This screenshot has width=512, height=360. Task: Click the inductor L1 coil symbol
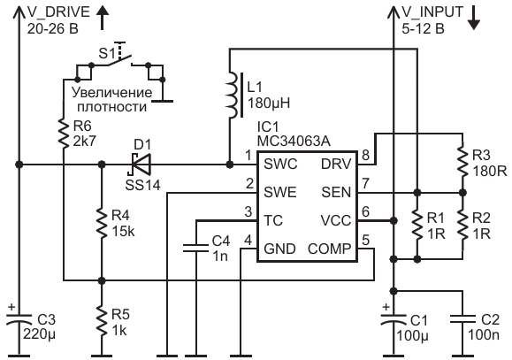[232, 95]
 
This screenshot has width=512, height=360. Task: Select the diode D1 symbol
[141, 164]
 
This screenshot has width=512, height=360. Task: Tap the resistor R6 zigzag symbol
[64, 134]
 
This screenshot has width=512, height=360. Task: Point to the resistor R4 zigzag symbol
[102, 224]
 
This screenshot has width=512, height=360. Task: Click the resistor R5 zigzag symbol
[102, 322]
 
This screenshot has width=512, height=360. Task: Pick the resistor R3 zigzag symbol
[462, 162]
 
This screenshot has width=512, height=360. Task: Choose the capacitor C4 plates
[195, 248]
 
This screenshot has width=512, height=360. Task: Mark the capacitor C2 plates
[462, 319]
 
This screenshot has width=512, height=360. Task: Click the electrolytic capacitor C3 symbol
[19, 319]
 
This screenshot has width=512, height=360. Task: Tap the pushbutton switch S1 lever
[119, 61]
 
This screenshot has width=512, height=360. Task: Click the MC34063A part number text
[294, 142]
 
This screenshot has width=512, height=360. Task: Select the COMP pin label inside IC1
[329, 249]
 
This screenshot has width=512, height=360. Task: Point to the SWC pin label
[280, 164]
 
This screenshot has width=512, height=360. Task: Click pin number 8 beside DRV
[366, 155]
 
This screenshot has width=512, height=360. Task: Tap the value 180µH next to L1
[269, 103]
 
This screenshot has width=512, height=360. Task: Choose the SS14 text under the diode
[142, 185]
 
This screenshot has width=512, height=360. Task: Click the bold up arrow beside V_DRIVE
[103, 19]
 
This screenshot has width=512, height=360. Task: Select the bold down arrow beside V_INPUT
[473, 19]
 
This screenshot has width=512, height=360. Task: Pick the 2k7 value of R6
[85, 142]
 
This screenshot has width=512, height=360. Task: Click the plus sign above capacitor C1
[386, 307]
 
